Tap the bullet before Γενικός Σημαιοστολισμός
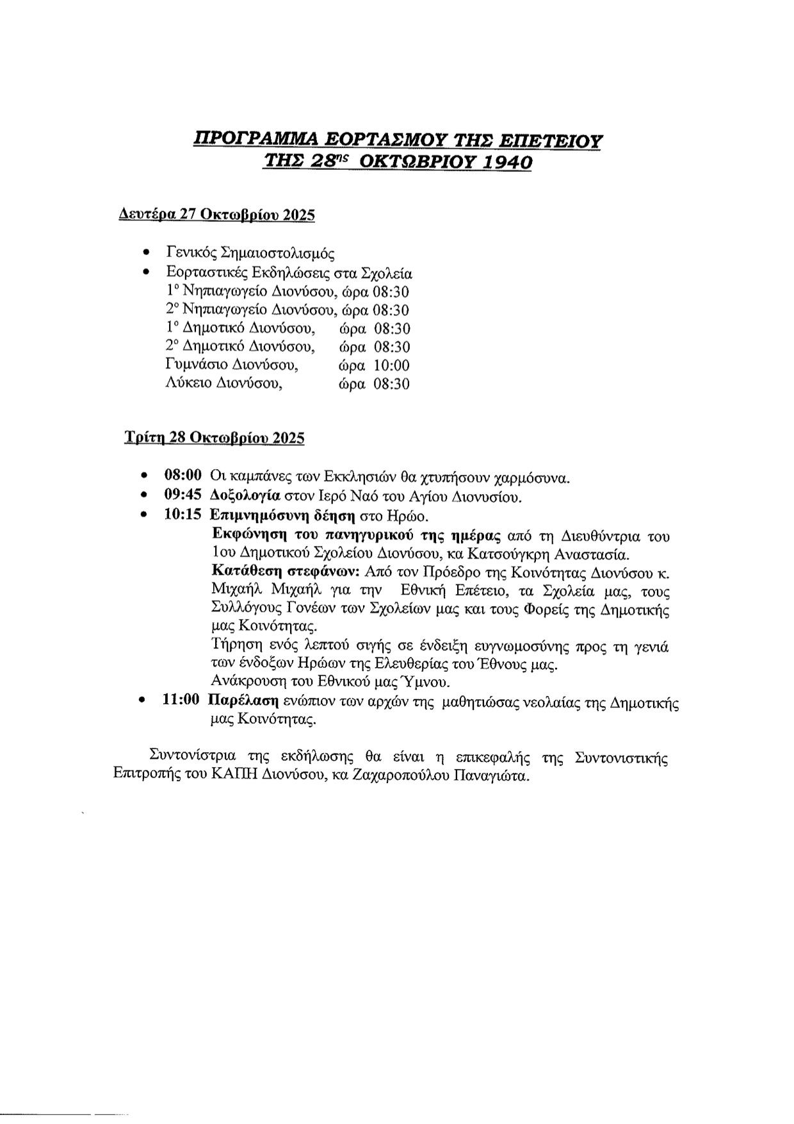click(x=147, y=252)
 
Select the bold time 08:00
click(x=183, y=475)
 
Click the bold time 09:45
click(x=183, y=495)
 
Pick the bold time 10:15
click(x=183, y=515)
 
